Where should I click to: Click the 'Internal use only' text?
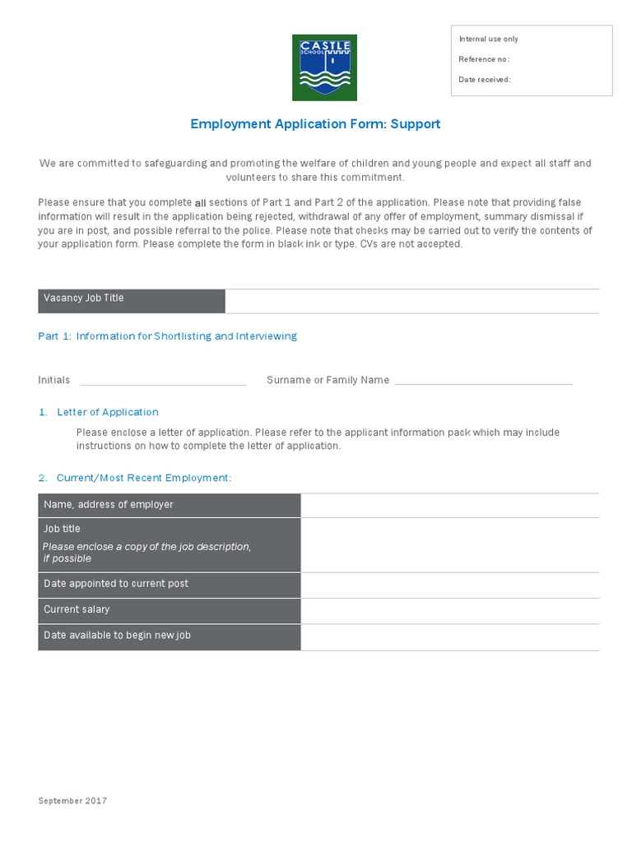pyautogui.click(x=488, y=39)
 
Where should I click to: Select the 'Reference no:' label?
pyautogui.click(x=484, y=59)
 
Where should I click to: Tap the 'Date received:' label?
pyautogui.click(x=485, y=80)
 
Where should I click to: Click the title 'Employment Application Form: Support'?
pyautogui.click(x=315, y=124)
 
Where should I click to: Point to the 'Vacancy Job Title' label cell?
pyautogui.click(x=131, y=300)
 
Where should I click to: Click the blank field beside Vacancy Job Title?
pyautogui.click(x=411, y=301)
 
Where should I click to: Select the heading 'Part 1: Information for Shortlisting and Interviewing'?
pyautogui.click(x=167, y=336)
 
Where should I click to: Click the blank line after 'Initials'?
pyautogui.click(x=163, y=380)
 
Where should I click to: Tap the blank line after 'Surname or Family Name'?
pyautogui.click(x=483, y=380)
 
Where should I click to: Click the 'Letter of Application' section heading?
pyautogui.click(x=107, y=412)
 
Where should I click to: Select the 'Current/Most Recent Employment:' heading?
pyautogui.click(x=144, y=478)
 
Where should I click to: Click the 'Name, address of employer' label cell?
pyautogui.click(x=169, y=505)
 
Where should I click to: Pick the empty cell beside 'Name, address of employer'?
pyautogui.click(x=449, y=505)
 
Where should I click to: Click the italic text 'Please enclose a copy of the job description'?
pyautogui.click(x=146, y=547)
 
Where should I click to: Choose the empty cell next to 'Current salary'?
pyautogui.click(x=449, y=610)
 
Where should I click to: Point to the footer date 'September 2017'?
pyautogui.click(x=72, y=801)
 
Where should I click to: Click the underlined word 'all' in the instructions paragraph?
pyautogui.click(x=199, y=203)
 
